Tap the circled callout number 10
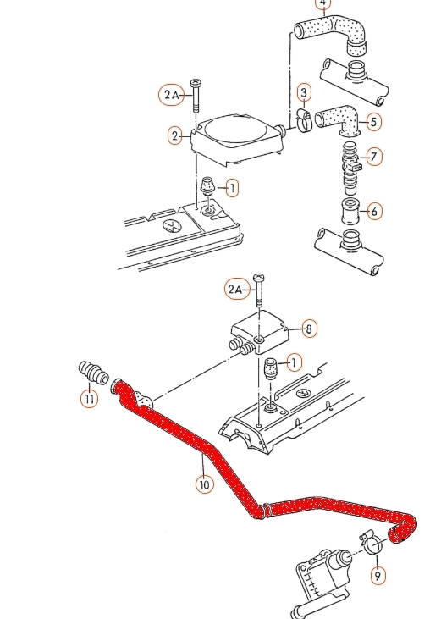(x=204, y=484)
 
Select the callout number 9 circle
(x=378, y=576)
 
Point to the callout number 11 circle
(x=89, y=399)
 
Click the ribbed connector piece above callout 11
(x=93, y=372)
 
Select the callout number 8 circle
(x=309, y=329)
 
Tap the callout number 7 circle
(x=374, y=157)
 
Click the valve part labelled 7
(x=350, y=168)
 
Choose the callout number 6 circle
(x=374, y=211)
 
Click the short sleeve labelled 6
(x=350, y=211)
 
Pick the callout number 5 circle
(x=373, y=122)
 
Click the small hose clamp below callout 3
(x=304, y=121)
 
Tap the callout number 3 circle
(x=304, y=93)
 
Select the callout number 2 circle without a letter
(x=175, y=135)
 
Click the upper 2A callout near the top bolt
(x=172, y=95)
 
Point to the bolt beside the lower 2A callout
(x=259, y=290)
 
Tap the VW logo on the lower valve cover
(x=304, y=394)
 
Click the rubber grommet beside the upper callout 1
(x=207, y=186)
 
